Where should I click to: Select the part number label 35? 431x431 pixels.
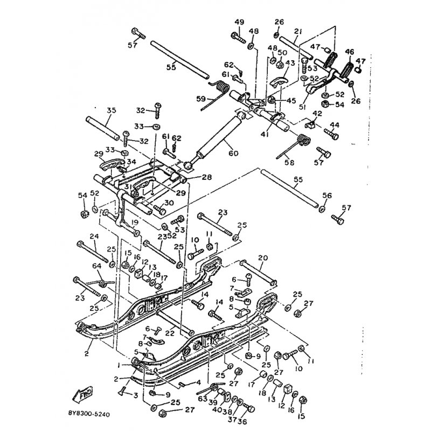pos(112,110)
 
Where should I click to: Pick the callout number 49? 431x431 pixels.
pos(239,22)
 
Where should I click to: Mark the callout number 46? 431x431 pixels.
pos(350,52)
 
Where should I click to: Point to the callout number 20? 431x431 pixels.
pos(263,258)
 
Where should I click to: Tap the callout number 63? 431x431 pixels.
pos(203,399)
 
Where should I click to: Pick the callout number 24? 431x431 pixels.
pos(94,236)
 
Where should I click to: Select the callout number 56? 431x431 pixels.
pos(326,196)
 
